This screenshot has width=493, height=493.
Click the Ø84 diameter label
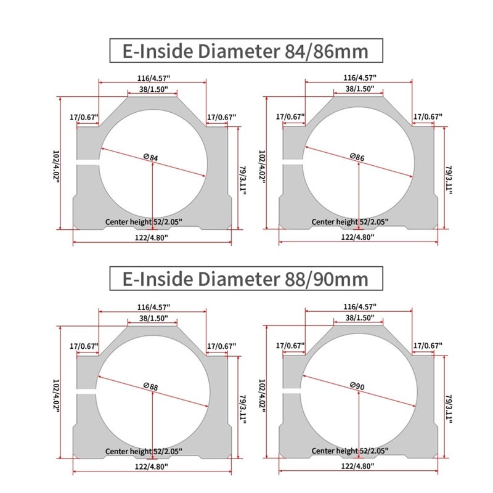[150, 157]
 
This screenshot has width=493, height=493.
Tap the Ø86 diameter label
[357, 157]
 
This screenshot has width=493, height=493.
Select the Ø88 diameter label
[150, 386]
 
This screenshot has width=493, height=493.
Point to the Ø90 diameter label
[357, 386]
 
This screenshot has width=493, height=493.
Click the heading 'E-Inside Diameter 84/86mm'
[245, 51]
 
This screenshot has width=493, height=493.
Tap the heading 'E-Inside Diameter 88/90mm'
[245, 279]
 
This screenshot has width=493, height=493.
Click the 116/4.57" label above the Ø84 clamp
[153, 78]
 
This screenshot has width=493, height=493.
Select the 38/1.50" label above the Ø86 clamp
[360, 89]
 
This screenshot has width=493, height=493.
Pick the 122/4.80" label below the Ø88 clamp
[151, 467]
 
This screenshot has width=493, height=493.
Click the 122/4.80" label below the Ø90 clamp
[357, 466]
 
